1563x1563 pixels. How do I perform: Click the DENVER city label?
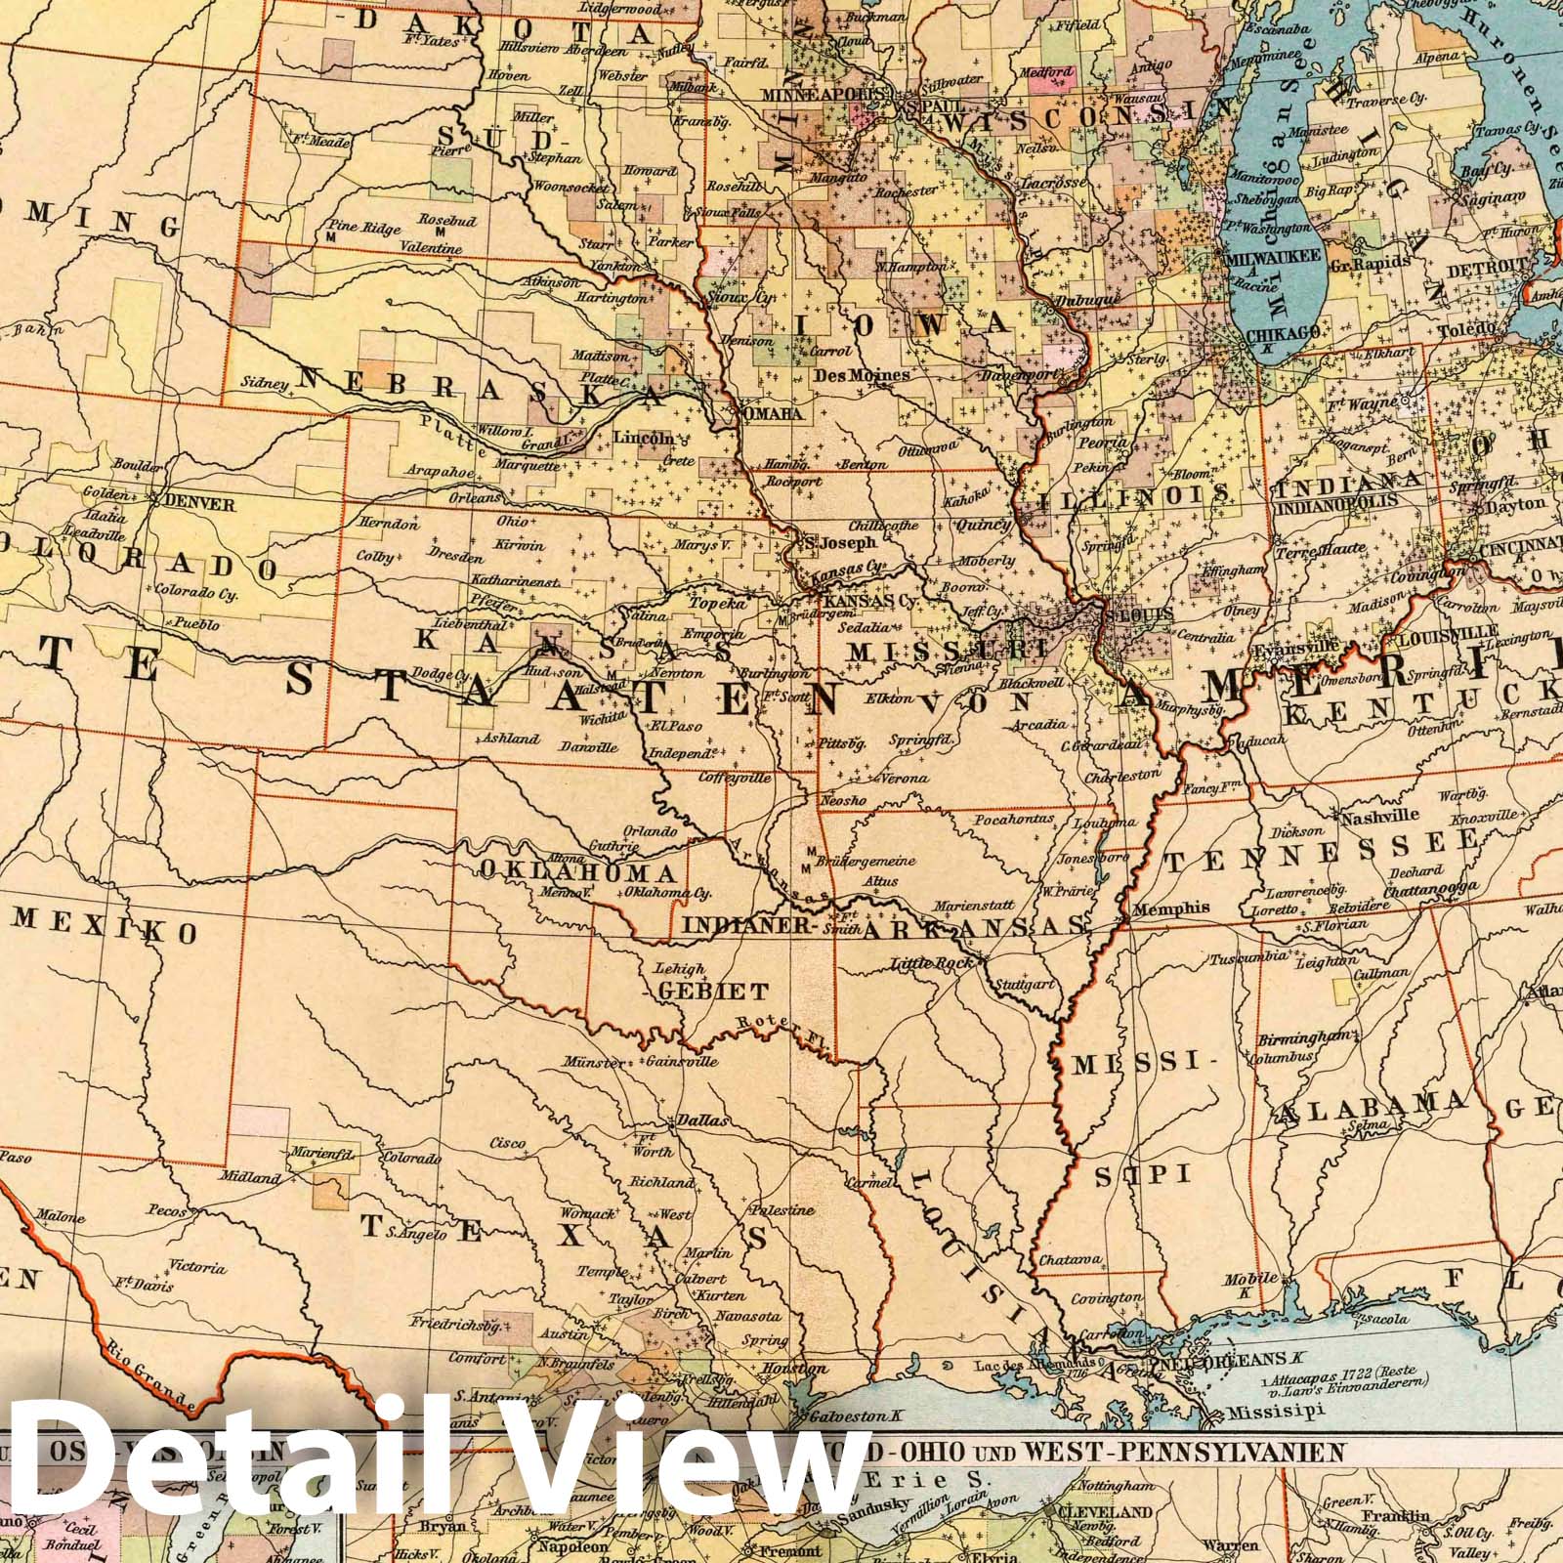(x=200, y=504)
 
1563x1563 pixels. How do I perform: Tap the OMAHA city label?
(x=773, y=414)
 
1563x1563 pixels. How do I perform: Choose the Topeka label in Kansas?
(x=718, y=605)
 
